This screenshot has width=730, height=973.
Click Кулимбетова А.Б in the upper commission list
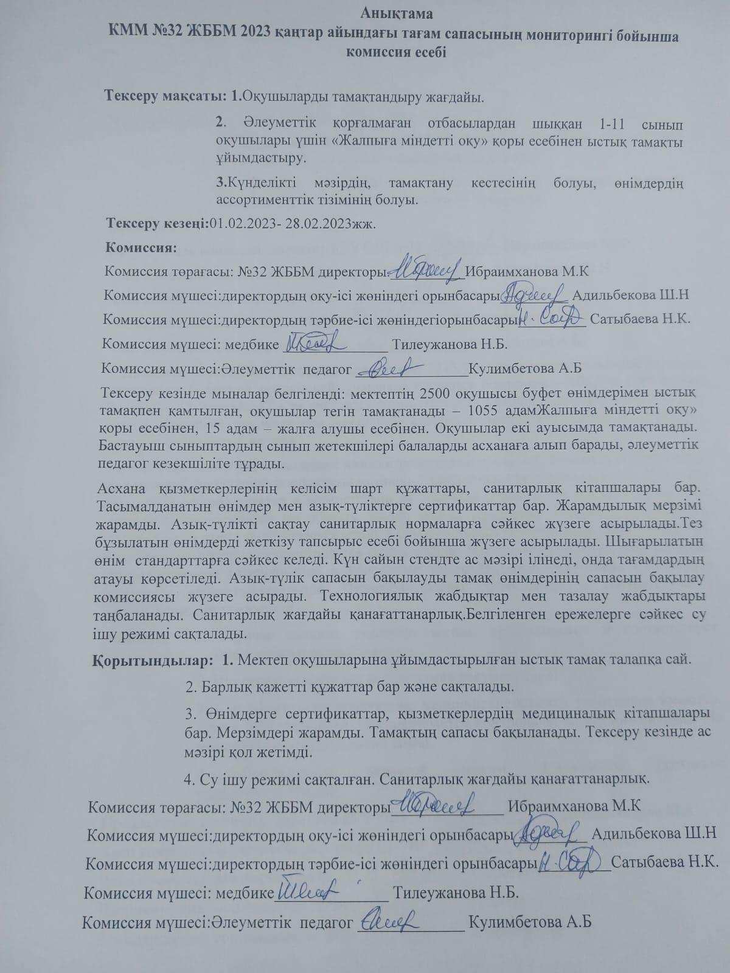[526, 368]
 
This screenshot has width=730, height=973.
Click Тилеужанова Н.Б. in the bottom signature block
[456, 893]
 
